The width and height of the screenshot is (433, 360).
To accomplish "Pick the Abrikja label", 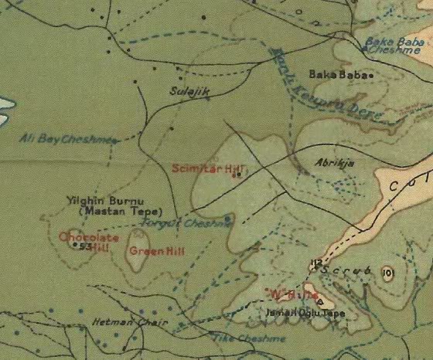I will [329, 163].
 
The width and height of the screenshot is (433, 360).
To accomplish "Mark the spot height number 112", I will [315, 264].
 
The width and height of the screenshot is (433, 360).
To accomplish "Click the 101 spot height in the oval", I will [387, 273].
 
